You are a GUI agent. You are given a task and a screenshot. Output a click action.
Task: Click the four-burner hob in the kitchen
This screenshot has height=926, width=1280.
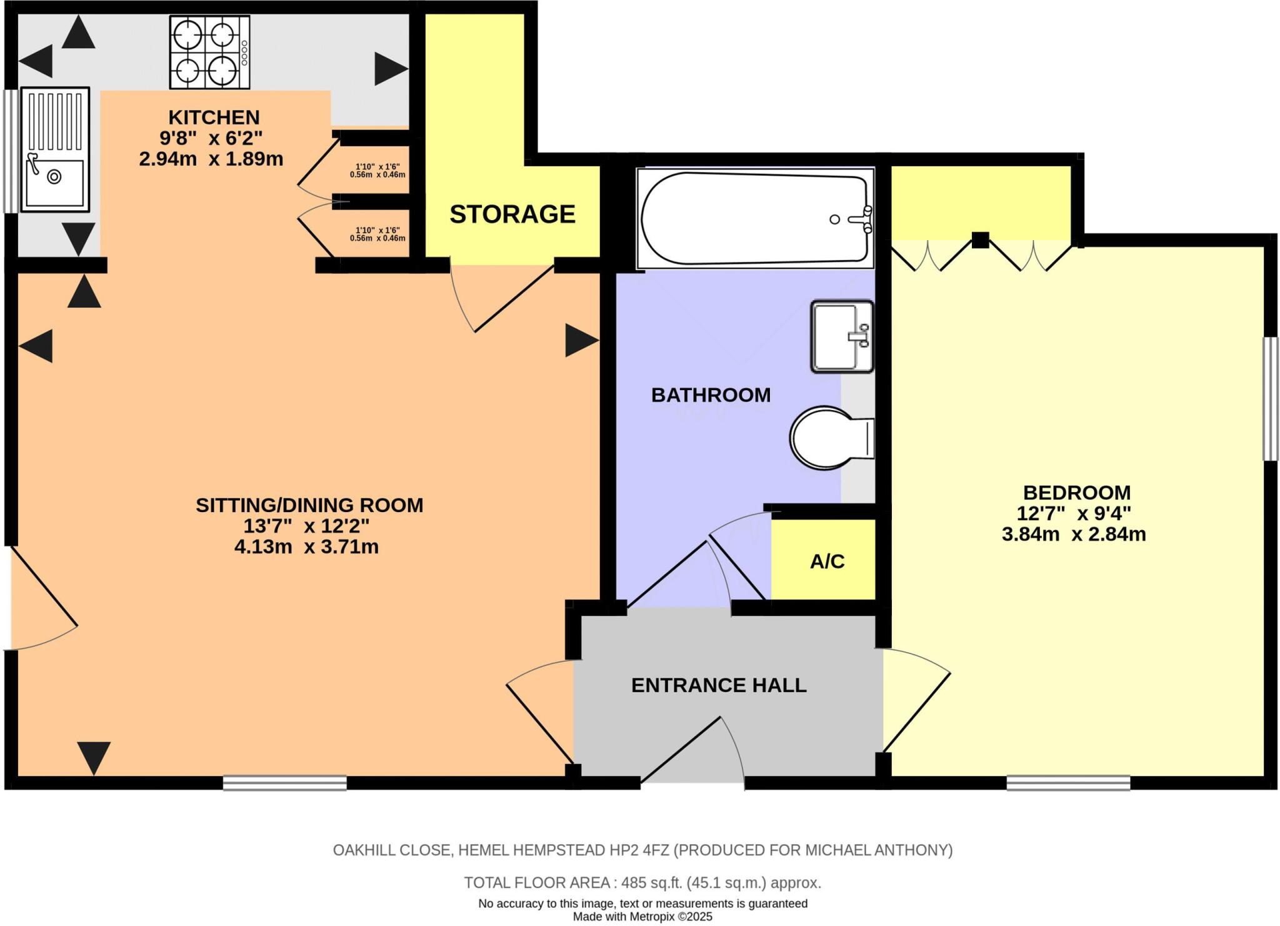coord(209,53)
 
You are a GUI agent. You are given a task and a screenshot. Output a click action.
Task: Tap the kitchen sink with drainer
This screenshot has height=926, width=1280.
coord(55,149)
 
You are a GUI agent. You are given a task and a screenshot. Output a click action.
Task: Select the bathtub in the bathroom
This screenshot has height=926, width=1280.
coord(755,218)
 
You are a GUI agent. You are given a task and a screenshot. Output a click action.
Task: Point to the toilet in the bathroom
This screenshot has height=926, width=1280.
coord(828,438)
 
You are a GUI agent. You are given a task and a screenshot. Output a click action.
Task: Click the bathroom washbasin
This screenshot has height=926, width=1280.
coord(841,337)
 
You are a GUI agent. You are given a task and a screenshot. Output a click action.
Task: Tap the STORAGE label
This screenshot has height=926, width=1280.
coord(512,214)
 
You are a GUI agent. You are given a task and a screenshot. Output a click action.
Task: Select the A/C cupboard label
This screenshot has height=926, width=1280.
coord(827,561)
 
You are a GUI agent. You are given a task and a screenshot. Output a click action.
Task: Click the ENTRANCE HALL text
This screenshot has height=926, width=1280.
coord(718,685)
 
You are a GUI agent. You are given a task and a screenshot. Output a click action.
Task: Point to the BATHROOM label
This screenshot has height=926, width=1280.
coord(711,395)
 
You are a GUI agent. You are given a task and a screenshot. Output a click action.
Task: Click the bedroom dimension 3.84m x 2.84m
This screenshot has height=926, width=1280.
coord(1073,535)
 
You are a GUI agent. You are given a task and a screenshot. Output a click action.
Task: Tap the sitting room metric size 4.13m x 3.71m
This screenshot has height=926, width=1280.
coord(306,547)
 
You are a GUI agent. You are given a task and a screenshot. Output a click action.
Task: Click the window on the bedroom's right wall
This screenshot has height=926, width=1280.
coord(1270,399)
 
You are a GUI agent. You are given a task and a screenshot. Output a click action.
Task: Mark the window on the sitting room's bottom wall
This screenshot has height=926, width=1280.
coord(284,783)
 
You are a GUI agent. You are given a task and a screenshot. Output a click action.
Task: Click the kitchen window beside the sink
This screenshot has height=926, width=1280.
coord(9,151)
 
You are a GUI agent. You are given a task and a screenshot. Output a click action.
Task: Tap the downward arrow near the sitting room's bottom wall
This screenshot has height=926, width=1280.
coord(94,757)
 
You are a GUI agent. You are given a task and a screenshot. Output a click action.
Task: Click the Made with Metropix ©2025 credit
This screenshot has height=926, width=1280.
coord(642,917)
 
